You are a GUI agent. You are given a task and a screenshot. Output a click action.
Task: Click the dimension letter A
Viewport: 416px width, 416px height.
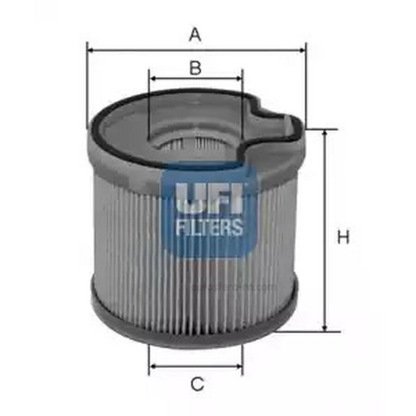[x=195, y=35]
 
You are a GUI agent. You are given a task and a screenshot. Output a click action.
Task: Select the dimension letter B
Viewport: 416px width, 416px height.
[x=196, y=68]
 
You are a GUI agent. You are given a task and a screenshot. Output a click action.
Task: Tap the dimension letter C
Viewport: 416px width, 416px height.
[x=197, y=384]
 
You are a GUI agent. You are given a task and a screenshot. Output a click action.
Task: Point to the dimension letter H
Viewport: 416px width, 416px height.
[x=343, y=238]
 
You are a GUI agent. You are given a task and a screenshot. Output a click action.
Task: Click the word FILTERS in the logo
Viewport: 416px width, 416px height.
[x=209, y=227]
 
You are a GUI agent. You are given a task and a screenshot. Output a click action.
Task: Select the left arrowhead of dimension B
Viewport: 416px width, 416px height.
[x=152, y=78]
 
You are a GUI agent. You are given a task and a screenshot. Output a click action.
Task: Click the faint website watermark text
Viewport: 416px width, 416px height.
[x=233, y=287]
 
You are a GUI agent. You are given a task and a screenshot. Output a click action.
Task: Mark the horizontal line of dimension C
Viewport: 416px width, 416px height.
[x=196, y=367]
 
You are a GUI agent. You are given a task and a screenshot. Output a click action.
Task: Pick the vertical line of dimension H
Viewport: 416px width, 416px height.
[x=325, y=231]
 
